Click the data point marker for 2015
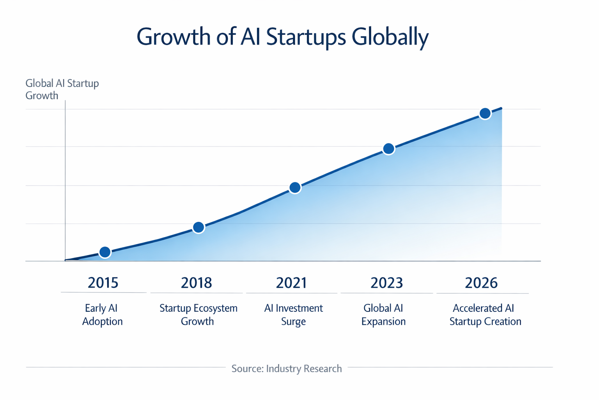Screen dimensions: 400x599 point(105,252)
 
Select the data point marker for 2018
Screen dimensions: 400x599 point(198,227)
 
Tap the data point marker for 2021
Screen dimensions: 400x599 point(295,188)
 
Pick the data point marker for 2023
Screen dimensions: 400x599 point(388,149)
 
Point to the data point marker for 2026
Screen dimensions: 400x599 point(485,114)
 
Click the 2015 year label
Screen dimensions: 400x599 point(103,283)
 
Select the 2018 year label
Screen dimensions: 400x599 point(197,283)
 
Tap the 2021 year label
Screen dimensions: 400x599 point(292,283)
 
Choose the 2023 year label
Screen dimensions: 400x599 point(386,283)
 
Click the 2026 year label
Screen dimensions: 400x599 point(481,283)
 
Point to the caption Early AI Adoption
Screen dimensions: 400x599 point(102,315)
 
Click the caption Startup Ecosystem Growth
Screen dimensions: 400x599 point(198,315)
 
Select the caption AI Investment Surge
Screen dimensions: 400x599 point(293,315)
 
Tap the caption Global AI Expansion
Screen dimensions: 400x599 point(383,315)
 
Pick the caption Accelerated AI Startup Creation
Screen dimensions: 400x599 point(485,315)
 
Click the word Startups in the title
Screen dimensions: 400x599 point(306,37)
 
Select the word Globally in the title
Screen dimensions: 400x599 point(390,37)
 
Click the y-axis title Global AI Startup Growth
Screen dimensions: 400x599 point(62,89)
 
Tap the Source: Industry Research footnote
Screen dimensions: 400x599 point(287,368)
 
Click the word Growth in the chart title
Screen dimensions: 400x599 point(174,37)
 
